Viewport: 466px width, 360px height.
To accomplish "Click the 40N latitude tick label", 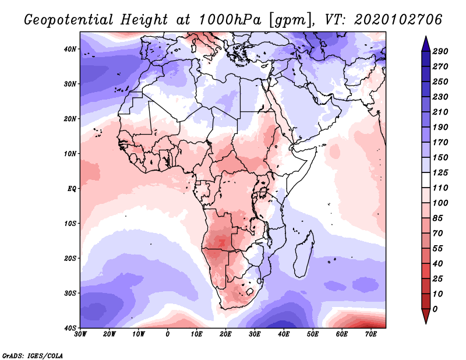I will click(70, 49).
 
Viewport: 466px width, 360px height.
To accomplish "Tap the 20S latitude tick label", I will click(70, 258).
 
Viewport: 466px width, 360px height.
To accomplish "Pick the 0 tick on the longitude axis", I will click(168, 334).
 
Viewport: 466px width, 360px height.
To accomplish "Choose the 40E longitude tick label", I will click(284, 334).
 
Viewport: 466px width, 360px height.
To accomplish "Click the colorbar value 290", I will click(440, 51).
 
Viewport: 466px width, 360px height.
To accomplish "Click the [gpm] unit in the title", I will click(288, 20).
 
